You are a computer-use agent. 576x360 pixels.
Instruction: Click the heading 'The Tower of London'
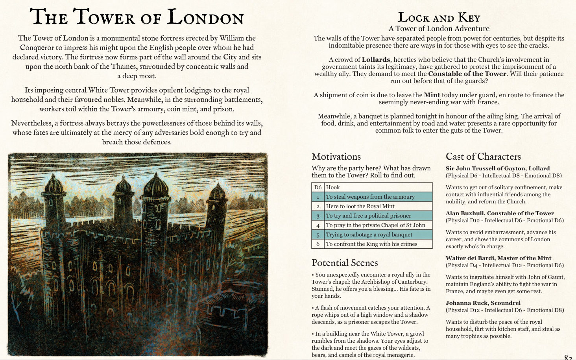coord(137,17)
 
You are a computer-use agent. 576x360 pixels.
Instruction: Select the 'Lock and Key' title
coord(439,17)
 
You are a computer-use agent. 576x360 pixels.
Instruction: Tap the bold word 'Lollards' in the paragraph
coord(376,60)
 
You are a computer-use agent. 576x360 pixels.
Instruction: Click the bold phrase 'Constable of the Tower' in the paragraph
coord(467,74)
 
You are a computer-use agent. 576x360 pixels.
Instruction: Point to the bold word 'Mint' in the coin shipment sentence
coord(432,95)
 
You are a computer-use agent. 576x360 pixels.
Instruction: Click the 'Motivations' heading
coord(336,157)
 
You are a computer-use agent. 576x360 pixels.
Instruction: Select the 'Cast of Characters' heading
coord(483,157)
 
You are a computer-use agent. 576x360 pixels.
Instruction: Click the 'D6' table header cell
coord(318,187)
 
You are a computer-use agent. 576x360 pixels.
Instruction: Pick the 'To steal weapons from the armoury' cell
coord(370,197)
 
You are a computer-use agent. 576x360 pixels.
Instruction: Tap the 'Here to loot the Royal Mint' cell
coord(360,206)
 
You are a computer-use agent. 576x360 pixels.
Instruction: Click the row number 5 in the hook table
coord(318,234)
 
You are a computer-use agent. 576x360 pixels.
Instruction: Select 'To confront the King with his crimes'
coord(371,244)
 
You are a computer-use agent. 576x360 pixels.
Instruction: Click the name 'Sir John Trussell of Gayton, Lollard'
coord(498,168)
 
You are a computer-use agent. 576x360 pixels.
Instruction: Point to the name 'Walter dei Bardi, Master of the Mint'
coord(498,258)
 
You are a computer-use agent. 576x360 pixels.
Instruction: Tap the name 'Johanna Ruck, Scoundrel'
coord(483,303)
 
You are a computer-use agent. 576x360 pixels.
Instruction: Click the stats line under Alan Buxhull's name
coord(505,220)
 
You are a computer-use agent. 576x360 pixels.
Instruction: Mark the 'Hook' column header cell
coord(333,187)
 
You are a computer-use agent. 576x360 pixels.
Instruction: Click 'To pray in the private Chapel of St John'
coord(375,225)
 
